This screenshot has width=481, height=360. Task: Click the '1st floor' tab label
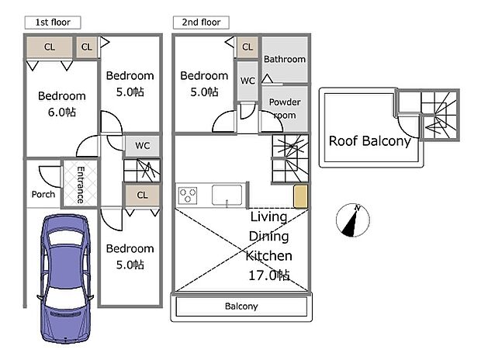pos(53,22)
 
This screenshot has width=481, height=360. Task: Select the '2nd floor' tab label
pos(200,22)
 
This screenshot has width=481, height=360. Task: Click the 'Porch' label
pos(43,194)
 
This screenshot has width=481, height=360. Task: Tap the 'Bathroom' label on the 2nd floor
pos(284,59)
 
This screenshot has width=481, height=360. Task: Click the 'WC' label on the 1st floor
pos(143,145)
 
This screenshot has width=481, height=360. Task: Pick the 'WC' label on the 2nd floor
pos(247,81)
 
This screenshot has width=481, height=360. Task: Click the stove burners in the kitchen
pos(188,194)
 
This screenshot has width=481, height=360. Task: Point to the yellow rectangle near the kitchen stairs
pos(300,196)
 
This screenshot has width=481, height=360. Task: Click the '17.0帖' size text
pos(268,274)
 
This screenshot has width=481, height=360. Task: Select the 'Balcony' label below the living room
pos(241,306)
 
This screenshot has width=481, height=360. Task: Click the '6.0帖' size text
pos(61,112)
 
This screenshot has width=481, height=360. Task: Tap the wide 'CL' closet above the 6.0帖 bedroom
pos(50,47)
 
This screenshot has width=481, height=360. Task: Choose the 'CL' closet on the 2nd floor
pos(247,47)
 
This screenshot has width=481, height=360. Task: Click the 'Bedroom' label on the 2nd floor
pos(204,76)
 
